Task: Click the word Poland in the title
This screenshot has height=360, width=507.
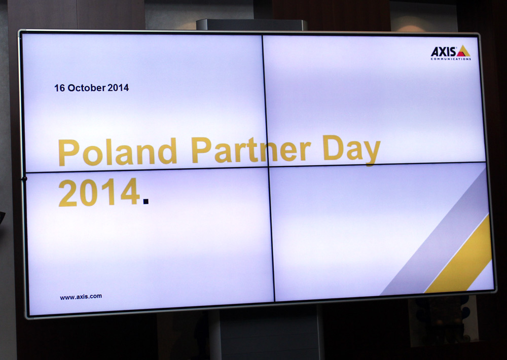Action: click(118, 152)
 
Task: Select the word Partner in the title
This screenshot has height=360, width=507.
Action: click(251, 150)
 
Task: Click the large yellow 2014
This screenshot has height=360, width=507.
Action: click(99, 192)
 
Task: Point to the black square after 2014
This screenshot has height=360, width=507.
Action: click(146, 201)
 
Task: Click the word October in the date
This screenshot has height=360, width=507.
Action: click(87, 88)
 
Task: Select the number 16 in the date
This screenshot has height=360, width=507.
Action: click(59, 88)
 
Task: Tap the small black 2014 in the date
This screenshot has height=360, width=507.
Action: click(118, 88)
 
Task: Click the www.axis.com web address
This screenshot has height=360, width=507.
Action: click(81, 297)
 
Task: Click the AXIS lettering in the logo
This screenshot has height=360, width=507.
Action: click(443, 52)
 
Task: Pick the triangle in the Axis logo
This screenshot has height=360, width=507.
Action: click(463, 51)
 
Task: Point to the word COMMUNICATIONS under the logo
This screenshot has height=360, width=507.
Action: click(451, 59)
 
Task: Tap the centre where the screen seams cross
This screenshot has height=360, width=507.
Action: click(268, 166)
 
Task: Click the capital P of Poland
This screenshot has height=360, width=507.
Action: click(68, 153)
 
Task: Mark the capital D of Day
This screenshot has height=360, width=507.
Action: click(334, 148)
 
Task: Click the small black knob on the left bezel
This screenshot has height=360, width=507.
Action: click(24, 178)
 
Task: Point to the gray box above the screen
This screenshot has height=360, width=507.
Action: click(251, 24)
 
